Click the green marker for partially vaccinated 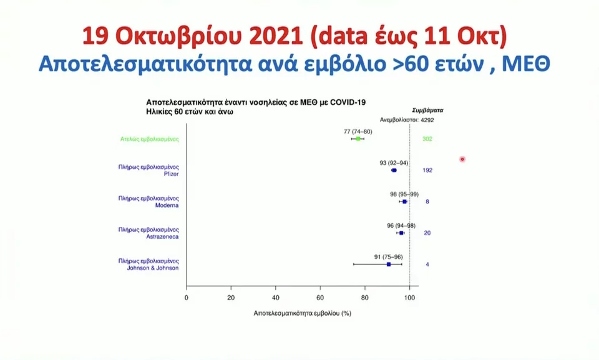(x=358, y=139)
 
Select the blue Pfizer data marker (x=394, y=170)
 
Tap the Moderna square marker (x=404, y=202)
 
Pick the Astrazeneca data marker (x=401, y=233)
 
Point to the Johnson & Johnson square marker (x=389, y=265)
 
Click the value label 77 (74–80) (x=358, y=132)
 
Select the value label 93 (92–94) (x=394, y=163)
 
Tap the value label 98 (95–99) (x=404, y=194)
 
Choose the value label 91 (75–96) (x=388, y=256)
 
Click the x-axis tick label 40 (x=276, y=297)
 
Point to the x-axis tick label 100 (x=409, y=297)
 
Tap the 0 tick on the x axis (x=187, y=297)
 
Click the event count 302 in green (x=427, y=139)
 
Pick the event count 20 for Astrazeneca (x=427, y=233)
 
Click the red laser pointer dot (x=462, y=159)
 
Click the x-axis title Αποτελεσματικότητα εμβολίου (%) (x=302, y=313)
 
